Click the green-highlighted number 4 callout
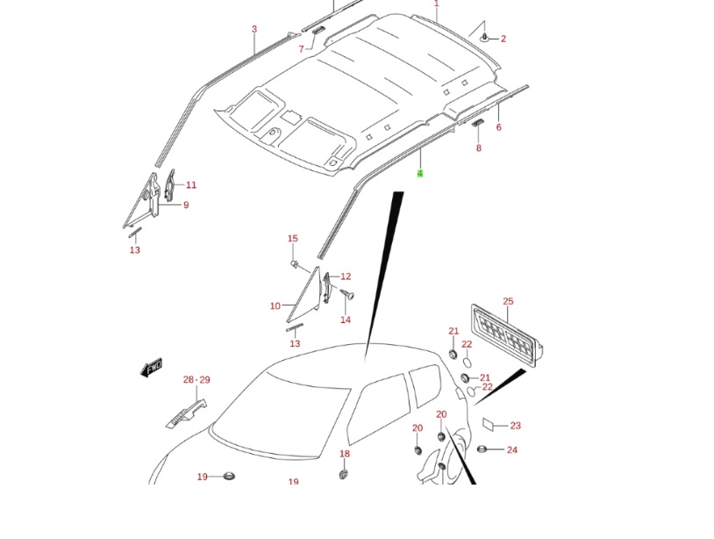coord(420,174)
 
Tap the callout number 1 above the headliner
coord(436,4)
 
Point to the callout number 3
coord(254,29)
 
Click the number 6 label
coord(498,127)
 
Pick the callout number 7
coord(301,49)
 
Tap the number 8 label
coord(479,148)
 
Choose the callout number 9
coord(186,205)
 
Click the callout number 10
coord(275,306)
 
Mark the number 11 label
coord(191,185)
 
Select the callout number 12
coord(346,277)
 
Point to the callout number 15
coord(293,239)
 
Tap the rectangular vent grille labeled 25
coord(505,334)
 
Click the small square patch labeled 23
coord(489,424)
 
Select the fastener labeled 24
coord(482,449)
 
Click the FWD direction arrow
coord(152,367)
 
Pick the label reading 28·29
coord(196,380)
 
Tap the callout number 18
coord(345,454)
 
